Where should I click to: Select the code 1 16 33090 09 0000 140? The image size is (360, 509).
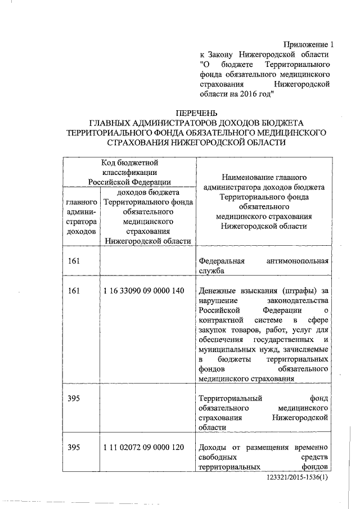tap(144, 291)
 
